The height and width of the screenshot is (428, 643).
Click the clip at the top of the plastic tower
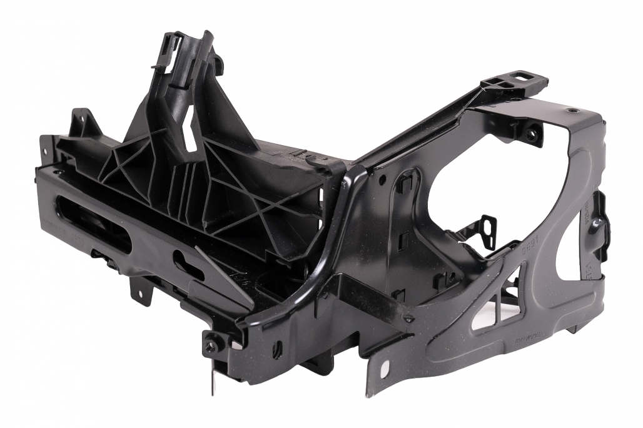point(172,47)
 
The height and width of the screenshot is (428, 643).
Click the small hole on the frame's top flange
point(573,111)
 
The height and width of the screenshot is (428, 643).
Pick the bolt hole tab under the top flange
point(532,134)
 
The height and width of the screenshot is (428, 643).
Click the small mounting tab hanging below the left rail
point(139,289)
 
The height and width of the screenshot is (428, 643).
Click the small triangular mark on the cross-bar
point(408,318)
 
